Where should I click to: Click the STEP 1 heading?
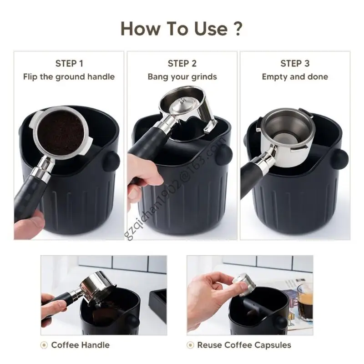(69, 63)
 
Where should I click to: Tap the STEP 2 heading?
(182, 63)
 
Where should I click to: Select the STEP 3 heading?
(295, 63)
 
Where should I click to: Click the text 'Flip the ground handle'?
(69, 77)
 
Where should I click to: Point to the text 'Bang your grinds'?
(182, 77)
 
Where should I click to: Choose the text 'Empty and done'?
(295, 77)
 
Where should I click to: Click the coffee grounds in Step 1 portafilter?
(62, 132)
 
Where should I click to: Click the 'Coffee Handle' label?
(81, 345)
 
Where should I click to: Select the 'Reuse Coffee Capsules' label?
(244, 345)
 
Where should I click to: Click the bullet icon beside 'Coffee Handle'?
(45, 345)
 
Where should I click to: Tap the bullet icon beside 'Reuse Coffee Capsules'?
(191, 345)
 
